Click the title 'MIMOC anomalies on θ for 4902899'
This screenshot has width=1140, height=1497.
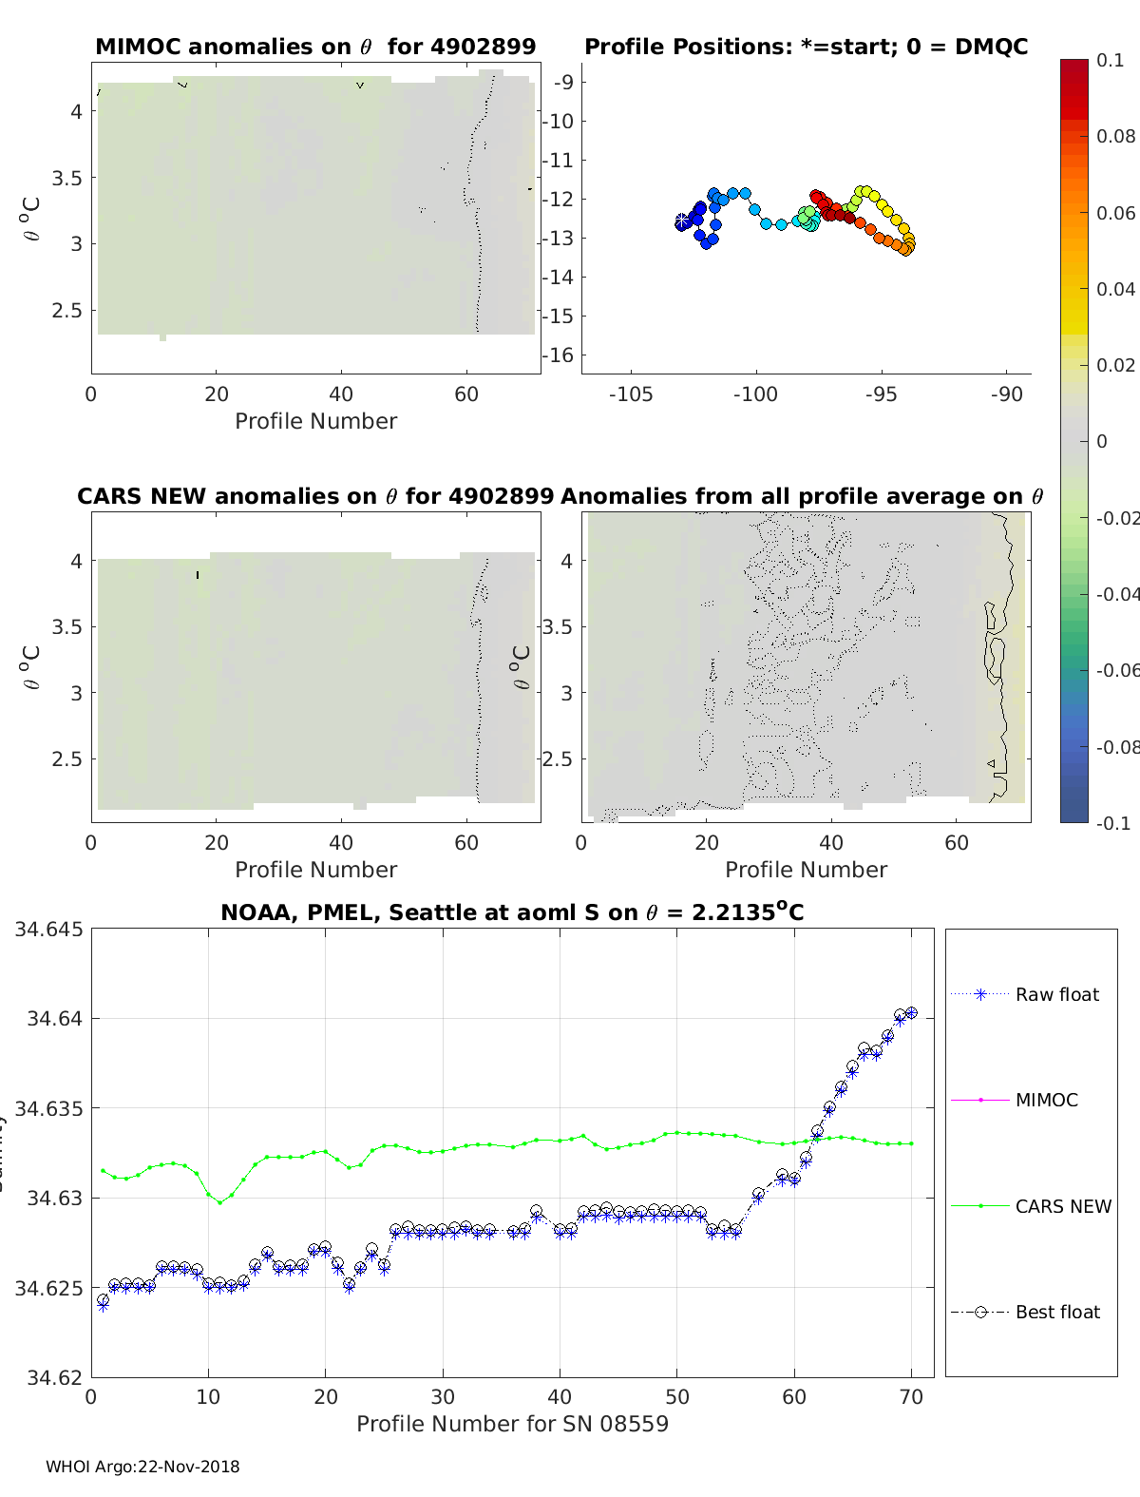[x=315, y=47]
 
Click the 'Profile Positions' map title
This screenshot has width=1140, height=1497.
[x=806, y=47]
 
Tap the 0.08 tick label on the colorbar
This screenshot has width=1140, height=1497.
[x=1115, y=136]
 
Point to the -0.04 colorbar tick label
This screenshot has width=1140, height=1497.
[x=1117, y=594]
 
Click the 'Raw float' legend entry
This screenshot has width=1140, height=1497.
[x=1056, y=994]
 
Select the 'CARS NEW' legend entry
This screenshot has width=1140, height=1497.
[x=1062, y=1206]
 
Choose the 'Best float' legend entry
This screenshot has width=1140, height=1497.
[x=1056, y=1312]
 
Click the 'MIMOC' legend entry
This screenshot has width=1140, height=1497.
[x=1046, y=1100]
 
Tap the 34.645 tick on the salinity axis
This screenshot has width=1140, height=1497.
[x=48, y=929]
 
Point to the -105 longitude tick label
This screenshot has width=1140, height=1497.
[x=631, y=394]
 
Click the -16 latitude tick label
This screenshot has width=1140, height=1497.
[x=561, y=355]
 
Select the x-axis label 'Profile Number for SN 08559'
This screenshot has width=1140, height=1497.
[x=512, y=1424]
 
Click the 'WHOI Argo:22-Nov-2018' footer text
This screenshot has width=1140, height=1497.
[x=142, y=1467]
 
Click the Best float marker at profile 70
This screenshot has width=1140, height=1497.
[x=912, y=1012]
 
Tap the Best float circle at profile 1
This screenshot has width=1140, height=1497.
[x=103, y=1299]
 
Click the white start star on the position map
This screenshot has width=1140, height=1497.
[x=682, y=221]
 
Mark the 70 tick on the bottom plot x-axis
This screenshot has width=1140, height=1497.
[x=912, y=1396]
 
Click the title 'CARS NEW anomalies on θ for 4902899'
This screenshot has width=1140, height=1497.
[x=315, y=496]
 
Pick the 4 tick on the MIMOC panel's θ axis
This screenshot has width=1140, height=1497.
[x=77, y=111]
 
